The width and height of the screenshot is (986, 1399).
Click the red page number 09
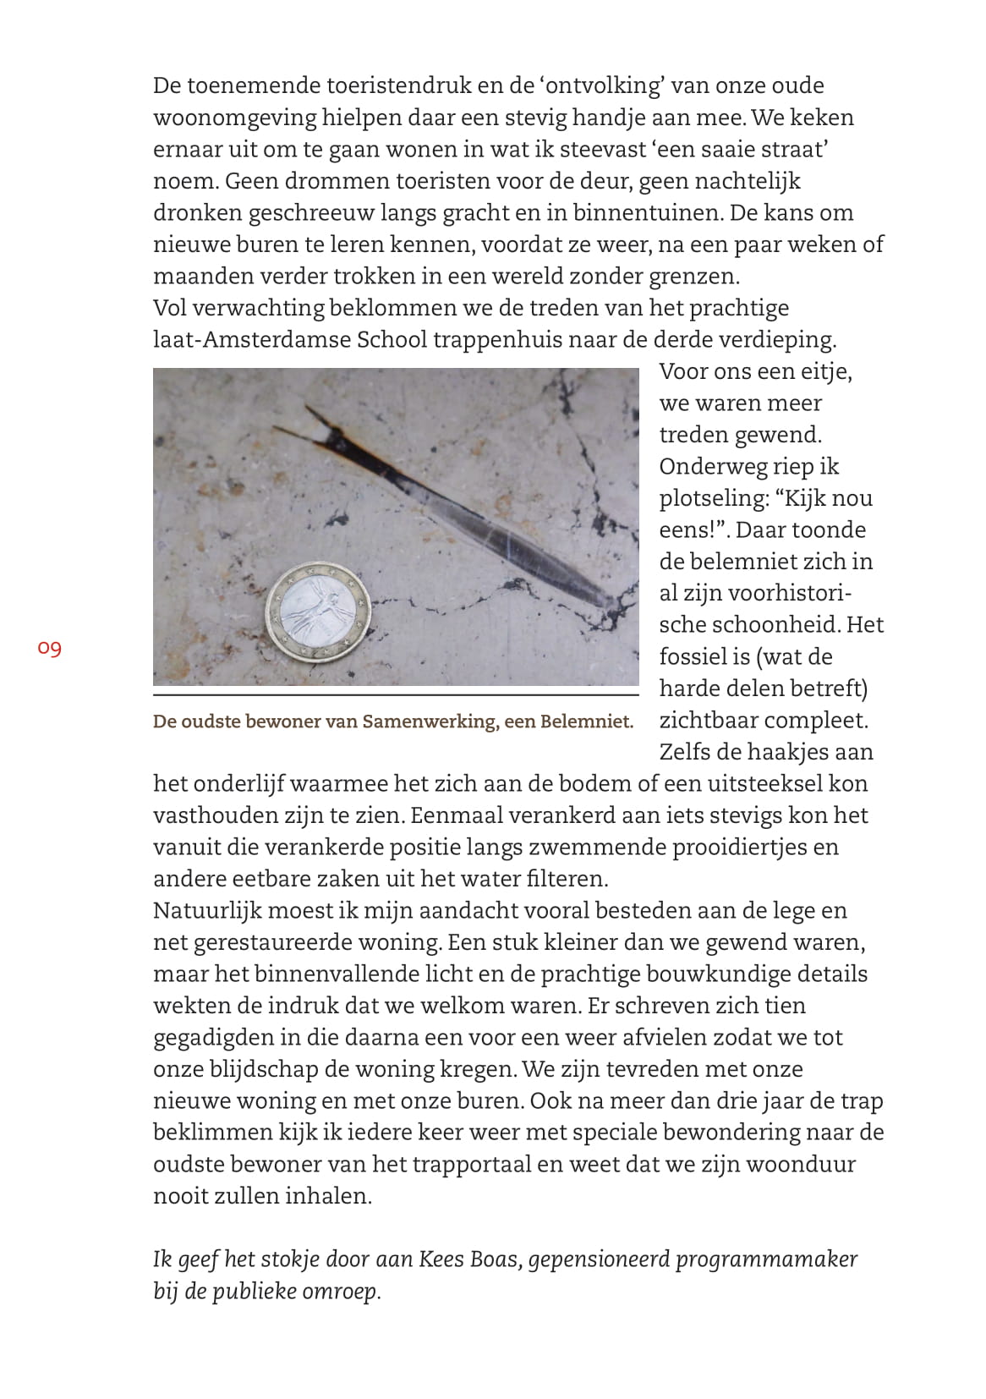pyautogui.click(x=49, y=649)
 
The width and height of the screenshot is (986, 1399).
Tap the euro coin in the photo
pyautogui.click(x=320, y=612)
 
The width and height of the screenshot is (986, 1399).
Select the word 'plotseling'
pyautogui.click(x=715, y=498)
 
